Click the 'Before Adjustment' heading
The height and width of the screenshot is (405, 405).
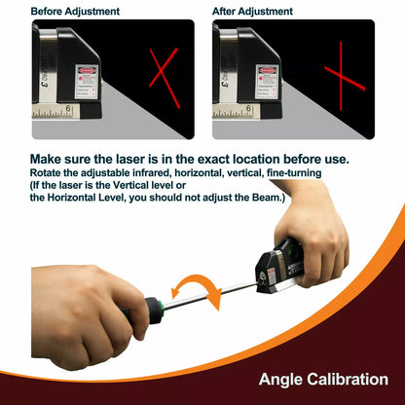[76, 12]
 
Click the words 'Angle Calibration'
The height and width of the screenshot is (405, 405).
[323, 379]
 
